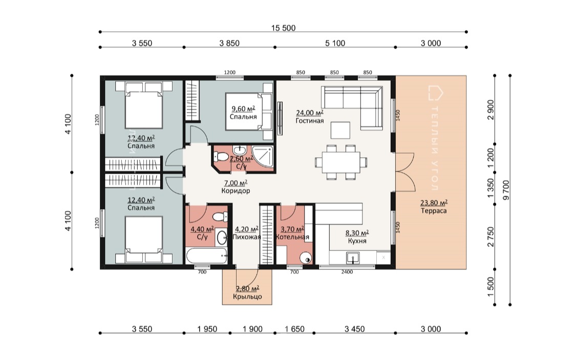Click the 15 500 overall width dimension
click(283, 28)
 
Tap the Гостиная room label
click(310, 120)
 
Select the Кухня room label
click(357, 241)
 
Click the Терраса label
click(434, 211)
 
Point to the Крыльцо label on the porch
click(247, 297)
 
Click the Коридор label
click(236, 191)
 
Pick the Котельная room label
click(292, 237)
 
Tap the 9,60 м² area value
click(243, 109)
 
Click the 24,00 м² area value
click(310, 113)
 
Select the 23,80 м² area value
click(434, 203)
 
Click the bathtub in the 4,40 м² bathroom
click(206, 256)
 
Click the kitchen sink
click(353, 258)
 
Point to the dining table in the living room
click(341, 162)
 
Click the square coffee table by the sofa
click(340, 130)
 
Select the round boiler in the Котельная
click(305, 258)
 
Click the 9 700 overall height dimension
click(506, 190)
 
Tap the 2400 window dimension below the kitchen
click(347, 272)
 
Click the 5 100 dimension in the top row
click(335, 44)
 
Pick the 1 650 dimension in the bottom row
click(294, 329)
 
